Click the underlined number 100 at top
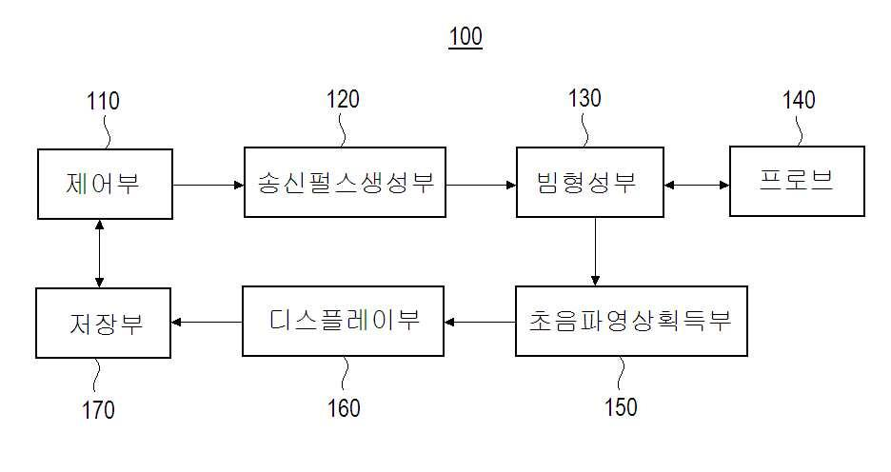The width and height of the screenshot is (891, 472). point(465,36)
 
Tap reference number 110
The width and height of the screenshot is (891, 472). point(103,101)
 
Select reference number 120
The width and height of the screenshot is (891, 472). point(343,99)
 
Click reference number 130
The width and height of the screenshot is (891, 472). point(584,98)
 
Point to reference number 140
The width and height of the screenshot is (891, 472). point(799,100)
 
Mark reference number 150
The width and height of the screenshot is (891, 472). point(621,406)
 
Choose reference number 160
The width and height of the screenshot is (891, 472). point(344,408)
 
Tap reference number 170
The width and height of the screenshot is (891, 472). point(98,409)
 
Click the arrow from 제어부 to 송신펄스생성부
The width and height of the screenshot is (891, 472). point(208,185)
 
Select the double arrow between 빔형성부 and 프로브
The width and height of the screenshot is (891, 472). point(697,185)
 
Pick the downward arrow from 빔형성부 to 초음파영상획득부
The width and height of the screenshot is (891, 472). point(595,251)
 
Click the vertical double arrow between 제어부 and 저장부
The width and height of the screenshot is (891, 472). point(99,253)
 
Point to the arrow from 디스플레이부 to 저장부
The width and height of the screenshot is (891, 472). point(207,322)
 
